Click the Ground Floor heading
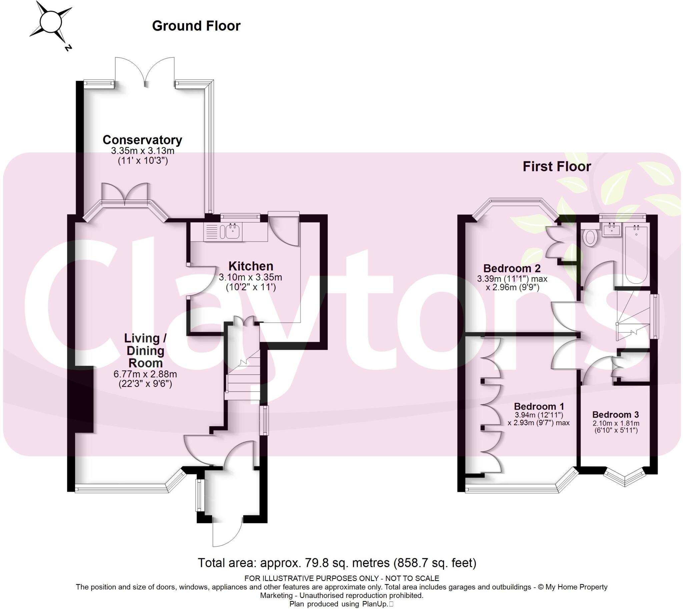pyautogui.click(x=196, y=26)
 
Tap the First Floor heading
pyautogui.click(x=557, y=167)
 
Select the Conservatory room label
pyautogui.click(x=142, y=140)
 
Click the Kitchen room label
pyautogui.click(x=251, y=266)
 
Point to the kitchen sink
pyautogui.click(x=232, y=231)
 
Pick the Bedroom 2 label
pyautogui.click(x=512, y=268)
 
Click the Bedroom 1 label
pyautogui.click(x=539, y=407)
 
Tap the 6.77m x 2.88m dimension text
pyautogui.click(x=145, y=374)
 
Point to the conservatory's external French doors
pyautogui.click(x=144, y=72)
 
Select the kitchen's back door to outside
pyautogui.click(x=283, y=231)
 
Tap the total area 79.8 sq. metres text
pyautogui.click(x=336, y=563)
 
